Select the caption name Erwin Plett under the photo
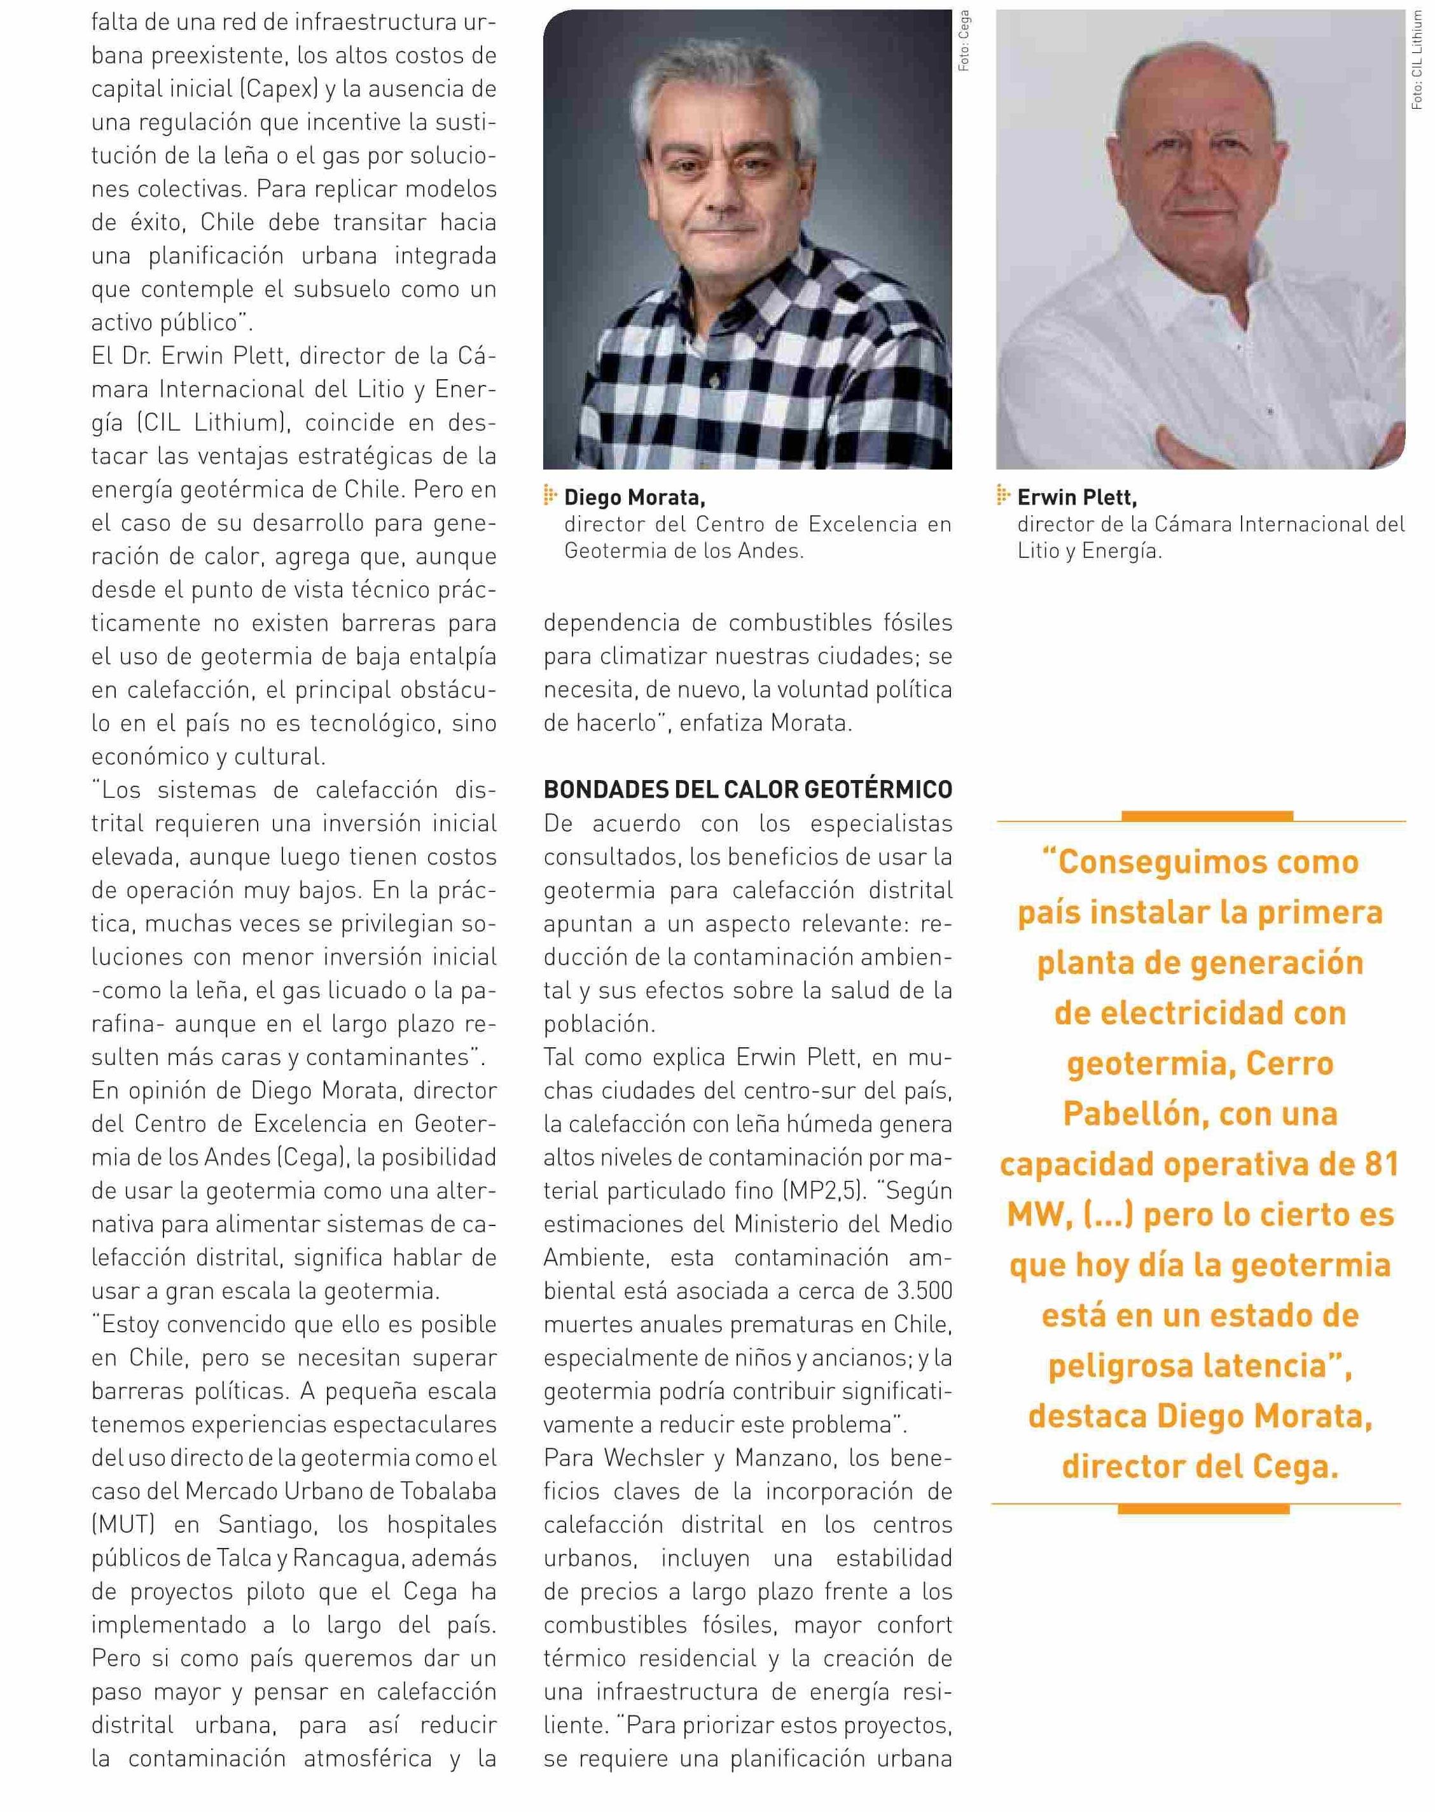click(1076, 498)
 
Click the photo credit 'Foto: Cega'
click(964, 39)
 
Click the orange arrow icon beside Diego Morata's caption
click(551, 496)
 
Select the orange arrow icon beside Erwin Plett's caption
click(1003, 496)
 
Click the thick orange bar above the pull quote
click(1207, 815)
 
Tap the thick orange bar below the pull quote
click(1202, 1509)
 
